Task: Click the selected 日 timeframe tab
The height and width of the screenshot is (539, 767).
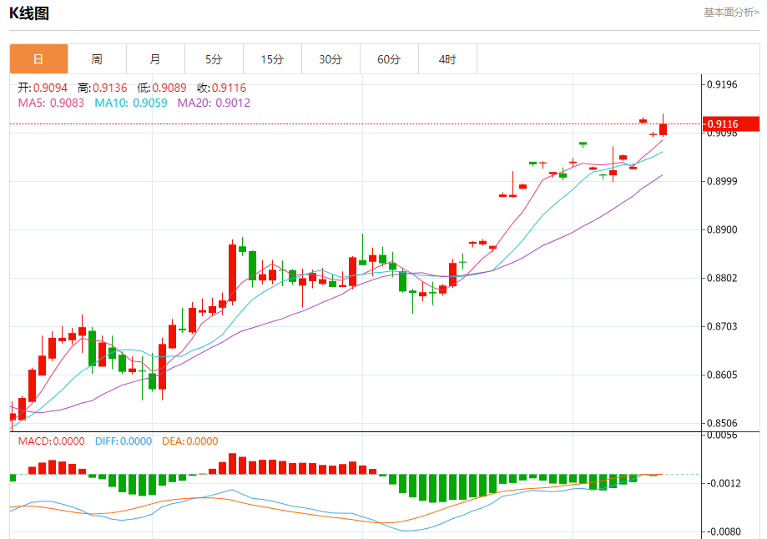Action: point(38,59)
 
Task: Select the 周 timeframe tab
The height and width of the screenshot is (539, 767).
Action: point(97,59)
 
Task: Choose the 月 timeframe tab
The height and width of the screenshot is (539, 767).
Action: point(155,59)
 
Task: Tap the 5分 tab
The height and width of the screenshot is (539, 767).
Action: point(214,59)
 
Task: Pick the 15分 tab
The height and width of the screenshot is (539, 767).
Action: point(272,59)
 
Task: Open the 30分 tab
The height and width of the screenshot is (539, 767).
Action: point(331,59)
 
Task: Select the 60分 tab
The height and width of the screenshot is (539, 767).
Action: point(389,59)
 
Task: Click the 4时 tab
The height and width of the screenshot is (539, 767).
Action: point(447,59)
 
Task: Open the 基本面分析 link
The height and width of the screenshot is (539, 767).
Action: point(731,13)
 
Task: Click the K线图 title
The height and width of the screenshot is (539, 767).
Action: point(29,13)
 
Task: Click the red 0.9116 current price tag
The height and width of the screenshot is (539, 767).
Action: point(730,124)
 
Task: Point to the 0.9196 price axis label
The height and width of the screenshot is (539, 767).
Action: point(723,84)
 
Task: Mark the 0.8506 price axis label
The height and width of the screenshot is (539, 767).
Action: point(723,423)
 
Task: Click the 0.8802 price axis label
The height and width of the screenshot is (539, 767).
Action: point(723,278)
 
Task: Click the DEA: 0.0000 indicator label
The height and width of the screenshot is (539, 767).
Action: point(189,441)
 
